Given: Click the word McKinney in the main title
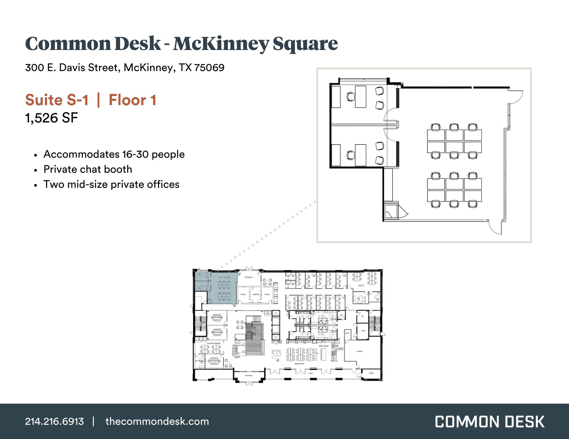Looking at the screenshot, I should (220, 44).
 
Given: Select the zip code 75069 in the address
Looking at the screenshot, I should (209, 68).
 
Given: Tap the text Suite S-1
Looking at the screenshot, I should (57, 100).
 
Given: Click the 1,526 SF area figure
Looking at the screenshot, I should (51, 118).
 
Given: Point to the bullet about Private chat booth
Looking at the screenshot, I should (88, 169).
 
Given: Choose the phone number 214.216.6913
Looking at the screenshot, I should (54, 421).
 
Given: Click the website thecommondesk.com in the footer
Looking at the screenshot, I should (157, 421).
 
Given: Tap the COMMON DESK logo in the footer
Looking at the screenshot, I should (490, 422).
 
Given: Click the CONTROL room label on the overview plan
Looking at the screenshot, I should (256, 294).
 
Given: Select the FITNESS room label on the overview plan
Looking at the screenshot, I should (359, 351).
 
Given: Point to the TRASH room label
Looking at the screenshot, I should (371, 373).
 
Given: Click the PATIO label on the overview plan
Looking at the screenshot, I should (311, 373).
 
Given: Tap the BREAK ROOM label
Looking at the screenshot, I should (323, 346).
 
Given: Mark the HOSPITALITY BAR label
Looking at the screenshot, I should (238, 345).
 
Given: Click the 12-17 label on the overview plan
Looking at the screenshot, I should (361, 286).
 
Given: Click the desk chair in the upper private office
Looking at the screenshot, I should (350, 97).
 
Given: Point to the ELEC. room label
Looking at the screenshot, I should (363, 331).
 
